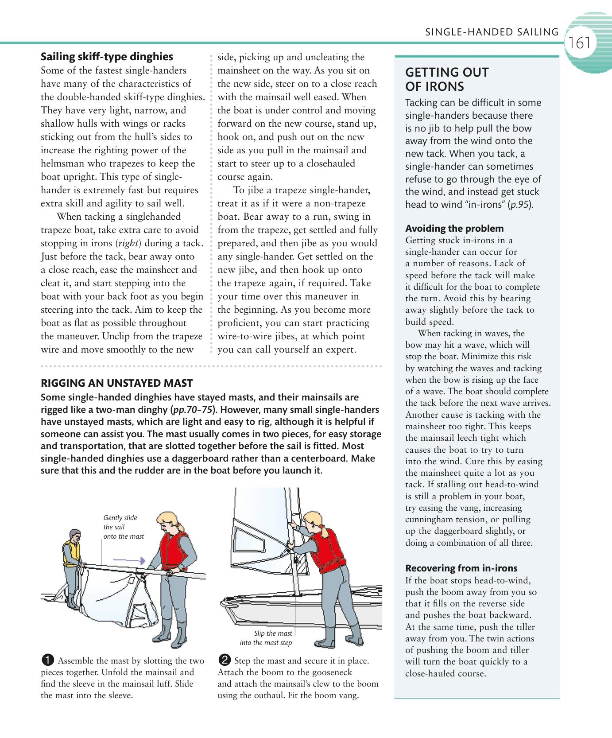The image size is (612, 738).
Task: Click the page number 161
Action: click(x=580, y=43)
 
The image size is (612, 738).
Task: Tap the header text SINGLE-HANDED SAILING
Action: click(x=492, y=32)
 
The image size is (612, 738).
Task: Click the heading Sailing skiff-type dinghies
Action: click(x=107, y=57)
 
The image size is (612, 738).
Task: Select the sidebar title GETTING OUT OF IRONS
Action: click(x=447, y=79)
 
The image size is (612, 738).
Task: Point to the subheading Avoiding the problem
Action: click(x=454, y=229)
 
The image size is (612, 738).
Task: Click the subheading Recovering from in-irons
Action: click(x=461, y=568)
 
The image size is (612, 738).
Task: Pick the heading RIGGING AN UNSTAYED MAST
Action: click(x=116, y=383)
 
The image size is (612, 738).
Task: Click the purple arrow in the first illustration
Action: click(x=129, y=560)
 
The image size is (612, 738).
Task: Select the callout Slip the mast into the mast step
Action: click(x=266, y=638)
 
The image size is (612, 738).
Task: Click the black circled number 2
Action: click(x=225, y=660)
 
